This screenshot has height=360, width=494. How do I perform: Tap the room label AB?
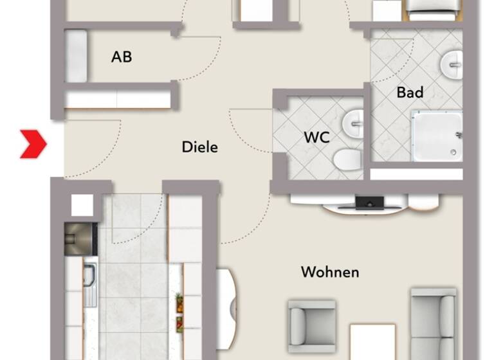point(122,57)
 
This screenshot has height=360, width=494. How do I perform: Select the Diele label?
point(200,147)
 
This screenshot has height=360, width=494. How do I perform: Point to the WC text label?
point(316,137)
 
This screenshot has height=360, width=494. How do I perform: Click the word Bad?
point(410,93)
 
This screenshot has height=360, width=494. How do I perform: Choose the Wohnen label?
point(330,272)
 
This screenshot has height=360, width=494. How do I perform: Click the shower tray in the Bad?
point(437,136)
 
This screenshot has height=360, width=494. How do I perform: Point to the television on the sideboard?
point(370,203)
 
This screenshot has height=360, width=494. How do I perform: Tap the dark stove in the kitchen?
point(80,239)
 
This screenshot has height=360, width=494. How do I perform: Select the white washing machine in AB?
point(77,57)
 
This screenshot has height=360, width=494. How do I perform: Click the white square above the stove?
point(82,205)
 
